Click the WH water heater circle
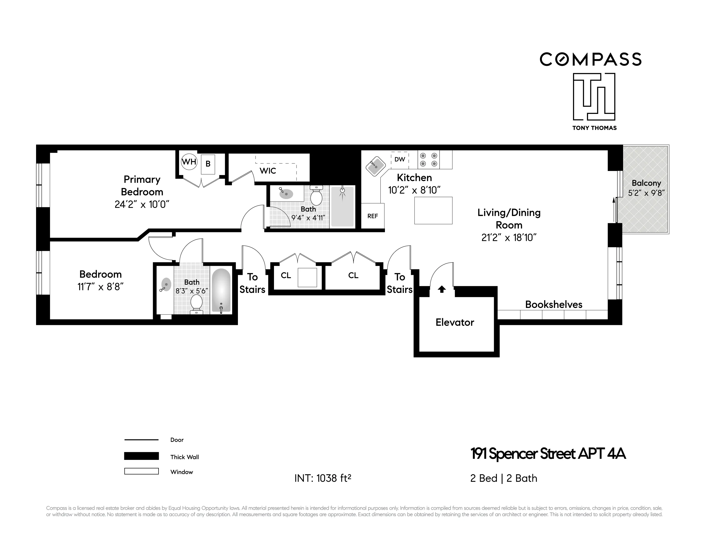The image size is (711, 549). click(189, 162)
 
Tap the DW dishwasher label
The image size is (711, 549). click(399, 159)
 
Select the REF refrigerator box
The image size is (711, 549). click(372, 216)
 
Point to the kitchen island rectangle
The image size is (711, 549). click(433, 211)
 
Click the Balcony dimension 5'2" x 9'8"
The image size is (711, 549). click(646, 193)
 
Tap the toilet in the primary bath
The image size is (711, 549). click(316, 196)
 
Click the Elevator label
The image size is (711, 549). click(455, 322)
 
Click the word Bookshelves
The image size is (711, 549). click(553, 305)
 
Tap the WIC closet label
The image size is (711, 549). click(268, 171)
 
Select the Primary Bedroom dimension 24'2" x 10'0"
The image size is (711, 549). click(142, 204)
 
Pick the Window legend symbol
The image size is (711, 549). click(141, 471)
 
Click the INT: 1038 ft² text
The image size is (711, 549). click(323, 478)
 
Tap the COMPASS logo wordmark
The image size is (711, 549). click(591, 60)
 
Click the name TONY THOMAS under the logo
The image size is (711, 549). click(595, 128)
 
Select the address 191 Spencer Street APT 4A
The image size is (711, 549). click(548, 454)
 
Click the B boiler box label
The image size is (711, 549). click(208, 164)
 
